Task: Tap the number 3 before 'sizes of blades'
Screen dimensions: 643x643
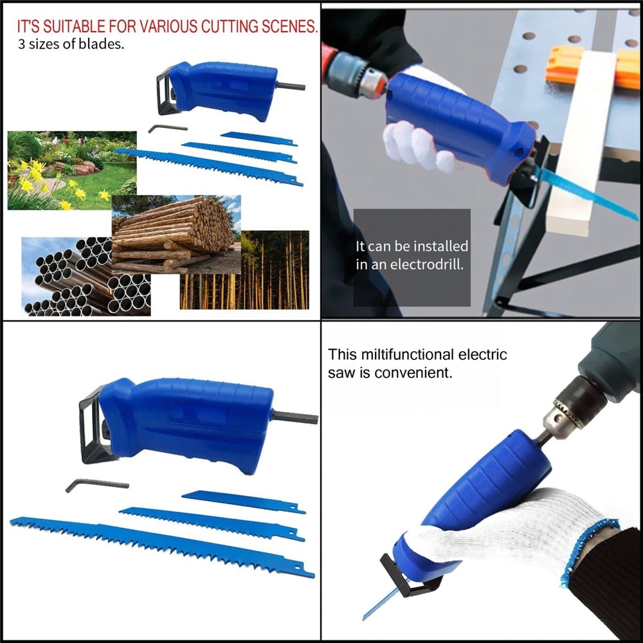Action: (x=21, y=46)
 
